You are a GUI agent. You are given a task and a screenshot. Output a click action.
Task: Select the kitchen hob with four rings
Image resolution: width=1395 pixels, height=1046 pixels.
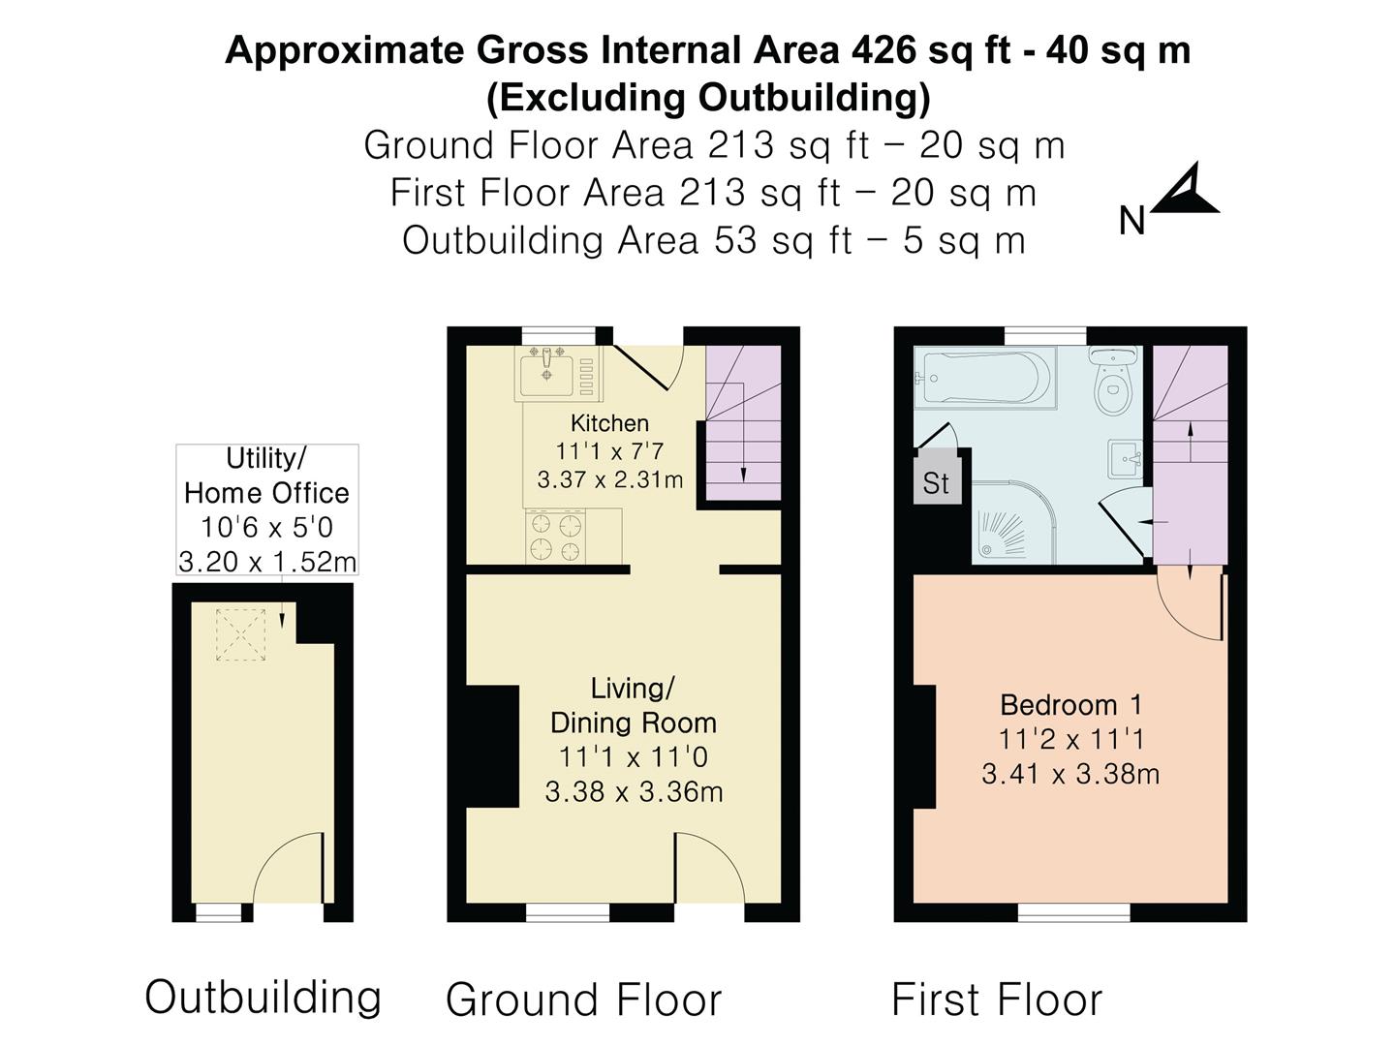tap(556, 537)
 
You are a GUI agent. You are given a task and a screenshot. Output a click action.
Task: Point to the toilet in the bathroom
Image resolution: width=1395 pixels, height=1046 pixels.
tap(1112, 385)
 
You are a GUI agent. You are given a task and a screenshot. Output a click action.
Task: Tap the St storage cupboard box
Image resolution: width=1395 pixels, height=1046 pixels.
tap(936, 481)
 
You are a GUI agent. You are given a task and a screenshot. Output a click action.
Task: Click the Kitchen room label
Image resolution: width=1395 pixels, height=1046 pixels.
tap(609, 423)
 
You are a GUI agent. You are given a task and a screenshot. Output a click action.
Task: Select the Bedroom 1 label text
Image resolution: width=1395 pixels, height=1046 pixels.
tap(1070, 705)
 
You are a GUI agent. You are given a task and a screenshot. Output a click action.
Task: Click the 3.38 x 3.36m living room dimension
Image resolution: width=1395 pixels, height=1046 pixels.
tap(634, 792)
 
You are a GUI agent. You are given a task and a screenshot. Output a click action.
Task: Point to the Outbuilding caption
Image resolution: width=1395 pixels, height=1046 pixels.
tap(263, 998)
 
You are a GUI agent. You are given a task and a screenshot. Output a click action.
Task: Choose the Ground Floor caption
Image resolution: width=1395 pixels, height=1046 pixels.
tap(583, 1000)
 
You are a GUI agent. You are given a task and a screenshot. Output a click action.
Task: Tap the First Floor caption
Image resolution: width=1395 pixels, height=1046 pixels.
tap(996, 1000)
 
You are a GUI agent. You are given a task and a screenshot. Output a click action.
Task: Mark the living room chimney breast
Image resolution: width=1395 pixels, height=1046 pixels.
tap(492, 746)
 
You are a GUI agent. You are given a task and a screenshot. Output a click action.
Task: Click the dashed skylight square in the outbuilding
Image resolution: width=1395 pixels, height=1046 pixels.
tap(240, 634)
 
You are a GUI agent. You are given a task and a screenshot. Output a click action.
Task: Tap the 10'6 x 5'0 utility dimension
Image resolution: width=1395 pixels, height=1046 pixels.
tap(266, 528)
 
